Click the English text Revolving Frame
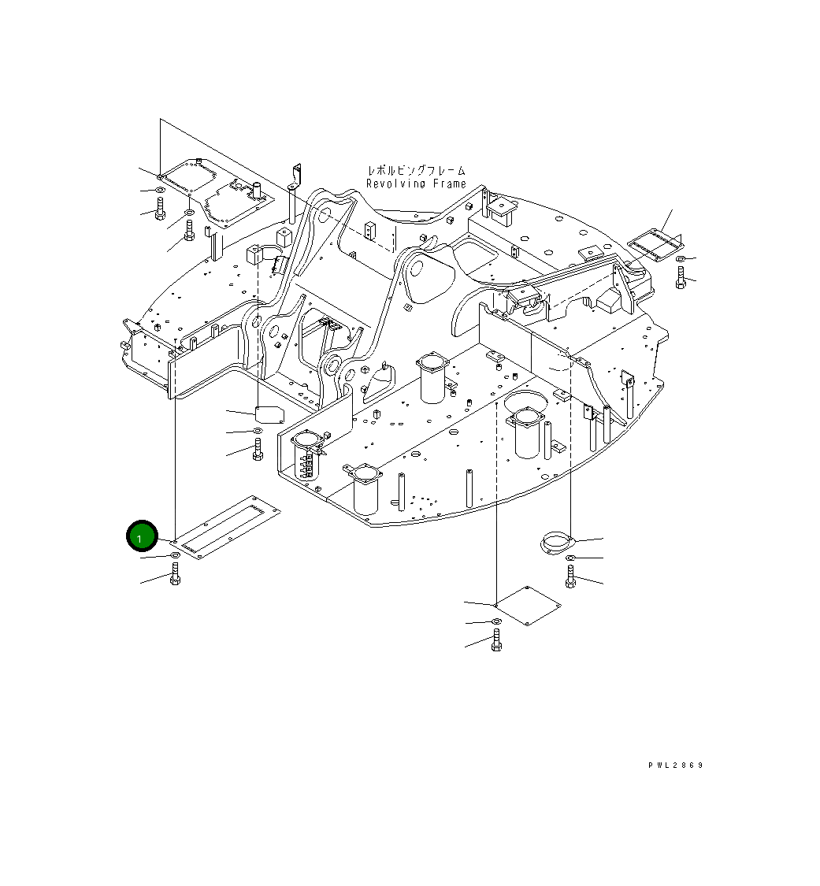[x=416, y=184]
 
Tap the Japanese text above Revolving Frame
[x=416, y=170]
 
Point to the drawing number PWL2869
[x=676, y=765]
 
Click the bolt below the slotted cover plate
[x=175, y=576]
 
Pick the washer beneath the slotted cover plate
[x=175, y=556]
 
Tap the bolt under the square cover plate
[x=496, y=641]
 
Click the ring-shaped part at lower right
[x=557, y=542]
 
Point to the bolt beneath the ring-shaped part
[x=570, y=577]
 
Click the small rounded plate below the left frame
[x=269, y=414]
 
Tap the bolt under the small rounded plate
[x=258, y=451]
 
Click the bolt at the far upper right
[x=681, y=276]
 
